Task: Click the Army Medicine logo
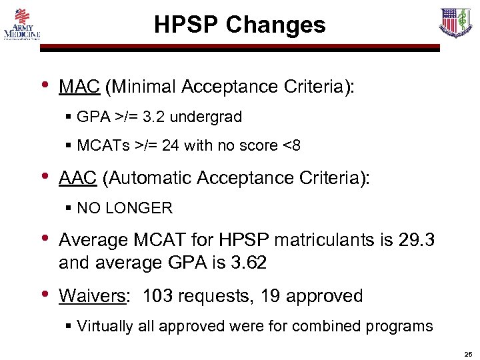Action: (22, 25)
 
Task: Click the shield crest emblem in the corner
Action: (456, 23)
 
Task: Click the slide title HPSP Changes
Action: (240, 25)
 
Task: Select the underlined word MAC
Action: (79, 87)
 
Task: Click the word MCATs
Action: (101, 145)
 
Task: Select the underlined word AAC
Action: (79, 179)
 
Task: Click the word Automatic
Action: (152, 179)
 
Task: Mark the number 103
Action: (159, 296)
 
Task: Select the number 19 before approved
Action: (271, 296)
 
